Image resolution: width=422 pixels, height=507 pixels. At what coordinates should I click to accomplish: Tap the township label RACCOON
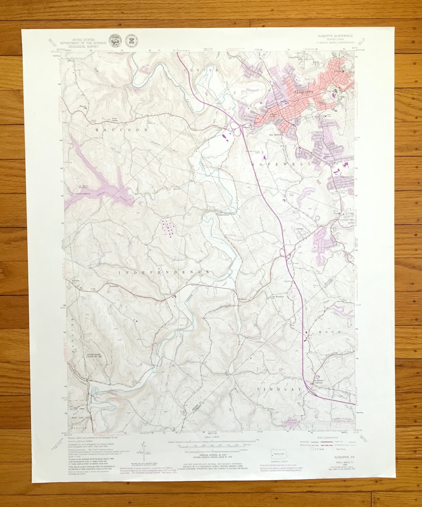[122, 129]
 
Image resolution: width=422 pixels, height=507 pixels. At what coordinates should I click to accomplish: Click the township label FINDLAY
[279, 389]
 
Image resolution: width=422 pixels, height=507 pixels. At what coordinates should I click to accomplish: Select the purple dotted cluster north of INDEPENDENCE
[168, 228]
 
